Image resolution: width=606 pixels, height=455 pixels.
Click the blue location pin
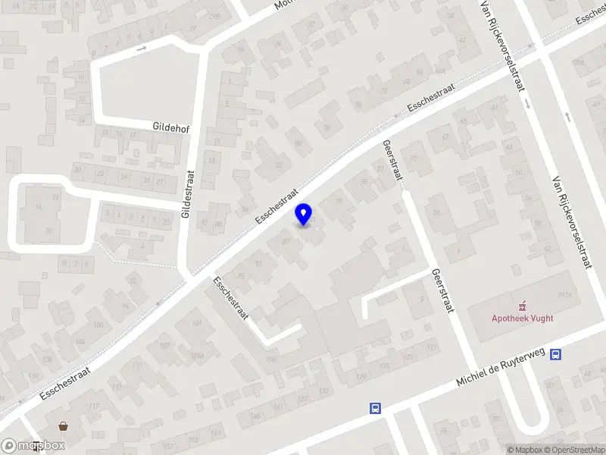coord(304,215)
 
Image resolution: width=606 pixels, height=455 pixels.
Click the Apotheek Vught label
coord(521,319)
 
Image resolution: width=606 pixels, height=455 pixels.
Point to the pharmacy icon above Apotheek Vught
coord(521,307)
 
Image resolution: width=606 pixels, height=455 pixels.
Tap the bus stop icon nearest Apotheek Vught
coord(556,354)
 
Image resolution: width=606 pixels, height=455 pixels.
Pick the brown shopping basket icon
coord(63,426)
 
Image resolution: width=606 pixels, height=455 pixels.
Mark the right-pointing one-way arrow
coord(142,49)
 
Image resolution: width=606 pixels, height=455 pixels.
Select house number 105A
coord(198,356)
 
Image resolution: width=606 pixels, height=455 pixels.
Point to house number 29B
coord(215,16)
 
